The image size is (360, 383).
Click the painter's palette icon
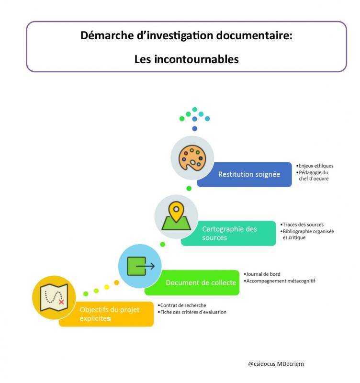pyautogui.click(x=192, y=158)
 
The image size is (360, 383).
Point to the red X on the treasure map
pyautogui.click(x=61, y=302)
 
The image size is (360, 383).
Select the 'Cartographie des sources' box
pyautogui.click(x=228, y=233)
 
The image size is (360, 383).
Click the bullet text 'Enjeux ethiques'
pyautogui.click(x=315, y=166)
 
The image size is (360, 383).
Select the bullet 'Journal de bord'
pyautogui.click(x=263, y=274)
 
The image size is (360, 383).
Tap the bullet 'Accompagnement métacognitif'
pyautogui.click(x=280, y=281)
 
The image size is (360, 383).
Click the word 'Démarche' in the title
pyautogui.click(x=104, y=36)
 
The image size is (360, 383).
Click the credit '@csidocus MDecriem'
pyautogui.click(x=276, y=364)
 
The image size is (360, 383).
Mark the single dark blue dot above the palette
pyautogui.click(x=194, y=128)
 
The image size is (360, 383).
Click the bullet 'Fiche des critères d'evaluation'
pyautogui.click(x=192, y=312)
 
